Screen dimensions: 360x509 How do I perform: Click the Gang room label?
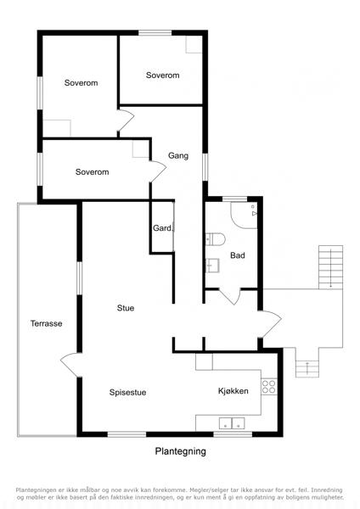(x=178, y=156)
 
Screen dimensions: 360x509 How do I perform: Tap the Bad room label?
(x=237, y=255)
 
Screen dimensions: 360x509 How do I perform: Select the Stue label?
(x=126, y=308)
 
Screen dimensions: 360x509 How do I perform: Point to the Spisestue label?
(x=127, y=392)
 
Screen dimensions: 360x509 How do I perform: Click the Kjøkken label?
(x=233, y=391)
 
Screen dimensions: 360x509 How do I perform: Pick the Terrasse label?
(x=46, y=323)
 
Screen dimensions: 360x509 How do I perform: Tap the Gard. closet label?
(x=162, y=228)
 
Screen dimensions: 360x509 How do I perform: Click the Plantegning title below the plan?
(x=180, y=451)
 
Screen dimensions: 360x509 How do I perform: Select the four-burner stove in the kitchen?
(x=269, y=387)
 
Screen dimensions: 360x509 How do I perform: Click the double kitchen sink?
(x=232, y=423)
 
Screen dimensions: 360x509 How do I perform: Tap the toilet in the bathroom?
(x=215, y=239)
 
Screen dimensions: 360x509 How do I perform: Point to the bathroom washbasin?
(x=212, y=266)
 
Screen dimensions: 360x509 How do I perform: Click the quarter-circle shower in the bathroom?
(x=244, y=215)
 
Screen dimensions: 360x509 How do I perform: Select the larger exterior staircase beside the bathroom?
(x=331, y=267)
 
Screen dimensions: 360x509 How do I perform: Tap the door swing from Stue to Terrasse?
(x=70, y=365)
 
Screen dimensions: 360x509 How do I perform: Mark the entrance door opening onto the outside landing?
(x=271, y=324)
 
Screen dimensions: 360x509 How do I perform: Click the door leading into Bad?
(x=230, y=296)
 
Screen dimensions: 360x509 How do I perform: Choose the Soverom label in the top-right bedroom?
(x=162, y=76)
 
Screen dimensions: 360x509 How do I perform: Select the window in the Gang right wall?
(x=205, y=167)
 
